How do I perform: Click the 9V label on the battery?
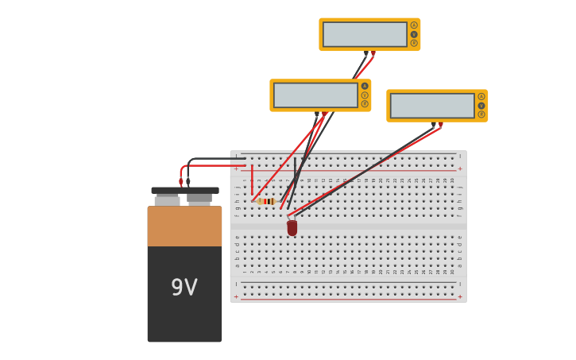pyautogui.click(x=184, y=287)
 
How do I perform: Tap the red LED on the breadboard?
pyautogui.click(x=292, y=227)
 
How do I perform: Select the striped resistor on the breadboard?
pyautogui.click(x=267, y=201)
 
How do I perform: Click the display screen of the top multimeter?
pyautogui.click(x=365, y=34)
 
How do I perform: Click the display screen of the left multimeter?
pyautogui.click(x=315, y=95)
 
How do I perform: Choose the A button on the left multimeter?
pyautogui.click(x=365, y=86)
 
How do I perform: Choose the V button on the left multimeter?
pyautogui.click(x=365, y=95)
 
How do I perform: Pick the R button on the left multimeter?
pyautogui.click(x=365, y=103)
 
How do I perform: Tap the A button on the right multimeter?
pyautogui.click(x=481, y=96)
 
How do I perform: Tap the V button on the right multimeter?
pyautogui.click(x=481, y=105)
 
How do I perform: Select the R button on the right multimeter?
pyautogui.click(x=481, y=114)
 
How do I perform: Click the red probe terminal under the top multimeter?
pyautogui.click(x=373, y=54)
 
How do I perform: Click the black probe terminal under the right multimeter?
pyautogui.click(x=434, y=125)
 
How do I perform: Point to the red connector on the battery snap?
pyautogui.click(x=181, y=181)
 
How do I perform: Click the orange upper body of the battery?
pyautogui.click(x=184, y=226)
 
